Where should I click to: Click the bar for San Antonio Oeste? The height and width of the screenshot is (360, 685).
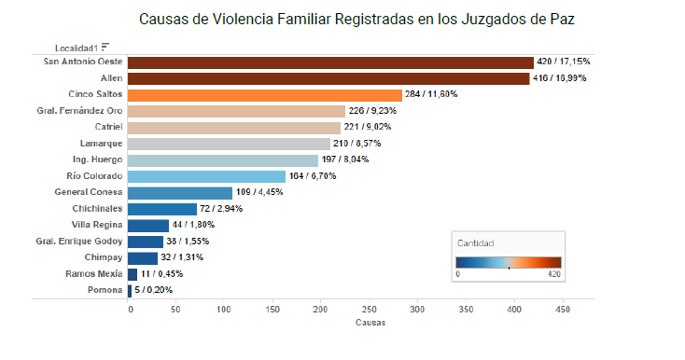click(330, 62)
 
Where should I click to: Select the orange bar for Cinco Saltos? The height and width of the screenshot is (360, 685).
click(265, 94)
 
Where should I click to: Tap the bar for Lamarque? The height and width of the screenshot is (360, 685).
click(230, 144)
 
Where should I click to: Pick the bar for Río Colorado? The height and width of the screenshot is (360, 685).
click(206, 176)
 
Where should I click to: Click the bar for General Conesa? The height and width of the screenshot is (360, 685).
click(180, 193)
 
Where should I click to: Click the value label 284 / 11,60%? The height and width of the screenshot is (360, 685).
click(431, 94)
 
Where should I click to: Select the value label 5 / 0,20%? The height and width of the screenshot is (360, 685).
click(153, 290)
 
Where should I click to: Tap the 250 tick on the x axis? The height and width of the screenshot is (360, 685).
click(370, 309)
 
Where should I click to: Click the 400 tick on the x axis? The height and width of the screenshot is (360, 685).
click(514, 309)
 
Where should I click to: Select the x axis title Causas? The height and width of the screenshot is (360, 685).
click(370, 323)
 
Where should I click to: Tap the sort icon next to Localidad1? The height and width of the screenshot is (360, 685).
click(105, 46)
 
